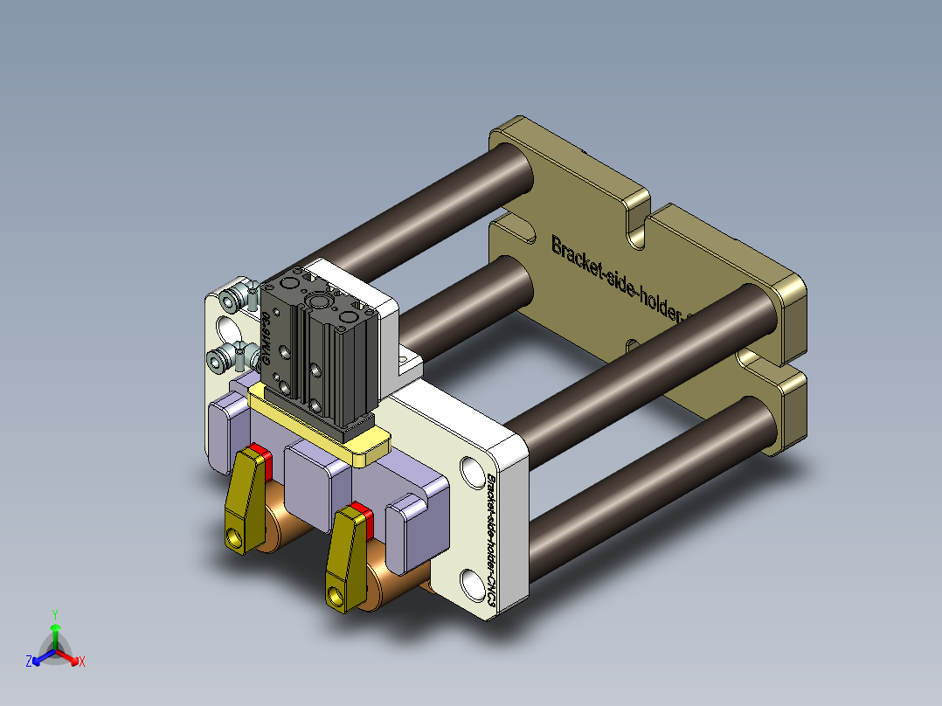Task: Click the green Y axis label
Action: click(54, 614)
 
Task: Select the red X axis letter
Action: click(82, 662)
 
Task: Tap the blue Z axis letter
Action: click(29, 661)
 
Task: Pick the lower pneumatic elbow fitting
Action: click(225, 357)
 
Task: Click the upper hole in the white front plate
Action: click(470, 471)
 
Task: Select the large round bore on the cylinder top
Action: click(319, 302)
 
